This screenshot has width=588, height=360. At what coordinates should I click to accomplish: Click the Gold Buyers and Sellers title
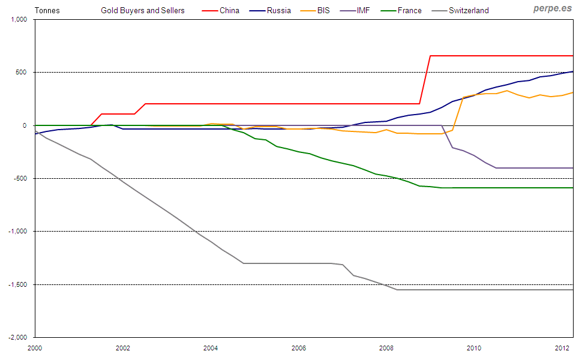[143, 10]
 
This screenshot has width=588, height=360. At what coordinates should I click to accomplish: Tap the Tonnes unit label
[47, 10]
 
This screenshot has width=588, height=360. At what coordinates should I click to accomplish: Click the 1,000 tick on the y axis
[20, 19]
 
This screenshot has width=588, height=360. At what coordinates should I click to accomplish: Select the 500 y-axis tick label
[23, 72]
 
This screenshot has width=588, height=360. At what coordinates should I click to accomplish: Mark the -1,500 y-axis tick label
[19, 284]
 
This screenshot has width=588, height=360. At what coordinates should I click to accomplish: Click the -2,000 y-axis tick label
[19, 337]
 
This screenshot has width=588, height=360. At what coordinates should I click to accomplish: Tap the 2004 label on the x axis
[211, 348]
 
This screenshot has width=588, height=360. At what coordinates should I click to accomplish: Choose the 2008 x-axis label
[386, 348]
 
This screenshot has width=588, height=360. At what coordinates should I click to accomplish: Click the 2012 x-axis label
[562, 348]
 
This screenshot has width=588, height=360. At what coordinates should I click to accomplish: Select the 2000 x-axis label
[35, 348]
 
